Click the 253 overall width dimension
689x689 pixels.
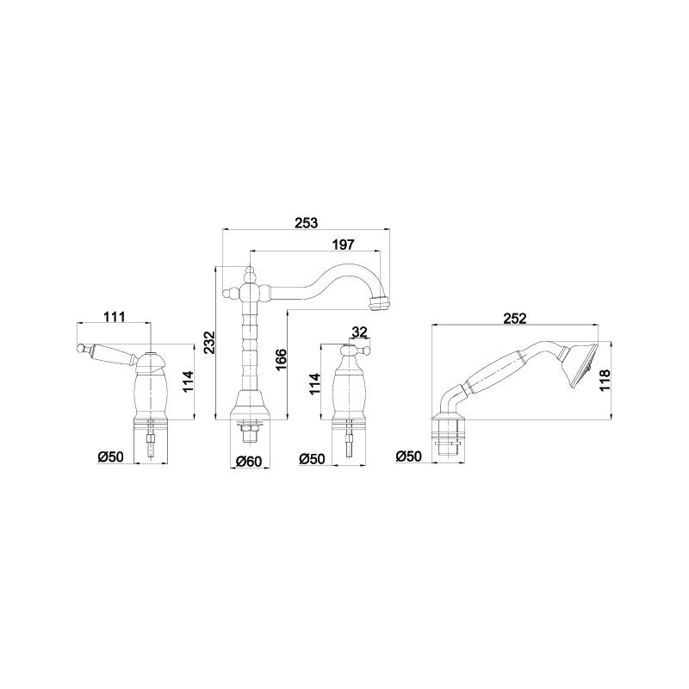pos(306,223)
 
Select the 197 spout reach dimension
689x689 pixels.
pos(343,245)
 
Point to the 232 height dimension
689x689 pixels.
pos(210,342)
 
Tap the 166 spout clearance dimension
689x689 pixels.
pos(282,360)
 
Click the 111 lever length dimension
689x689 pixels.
pos(115,316)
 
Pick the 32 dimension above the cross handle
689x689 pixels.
pos(359,332)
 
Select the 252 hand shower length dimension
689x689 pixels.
pos(514,318)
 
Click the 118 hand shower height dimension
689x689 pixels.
pos(605,381)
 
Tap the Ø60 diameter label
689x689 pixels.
pos(249,462)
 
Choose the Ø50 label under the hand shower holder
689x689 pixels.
pos(408,456)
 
